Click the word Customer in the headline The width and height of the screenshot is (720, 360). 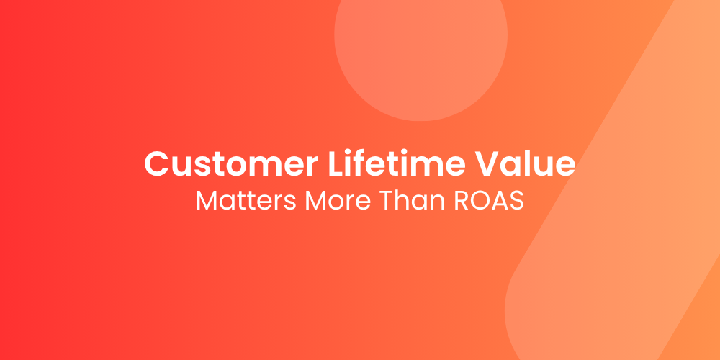(231, 163)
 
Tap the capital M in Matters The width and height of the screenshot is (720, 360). (206, 201)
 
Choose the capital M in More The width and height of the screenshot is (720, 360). (315, 201)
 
